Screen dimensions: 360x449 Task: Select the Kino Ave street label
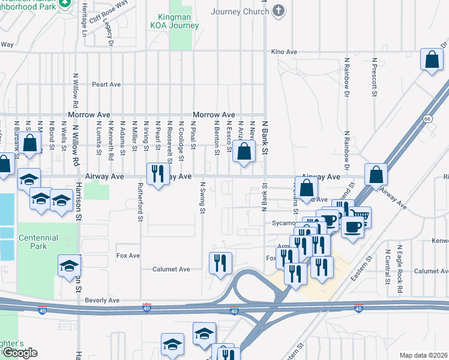[x=284, y=52]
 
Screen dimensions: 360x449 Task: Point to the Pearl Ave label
[x=107, y=85]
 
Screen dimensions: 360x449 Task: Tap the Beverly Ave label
[x=103, y=300]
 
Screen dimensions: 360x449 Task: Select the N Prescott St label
[x=374, y=77]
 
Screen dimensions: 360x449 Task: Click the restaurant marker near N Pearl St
[x=157, y=174]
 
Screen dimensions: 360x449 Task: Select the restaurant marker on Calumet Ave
[x=220, y=262]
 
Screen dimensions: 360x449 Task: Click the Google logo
[x=19, y=353]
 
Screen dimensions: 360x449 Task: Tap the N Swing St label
[x=202, y=197]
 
